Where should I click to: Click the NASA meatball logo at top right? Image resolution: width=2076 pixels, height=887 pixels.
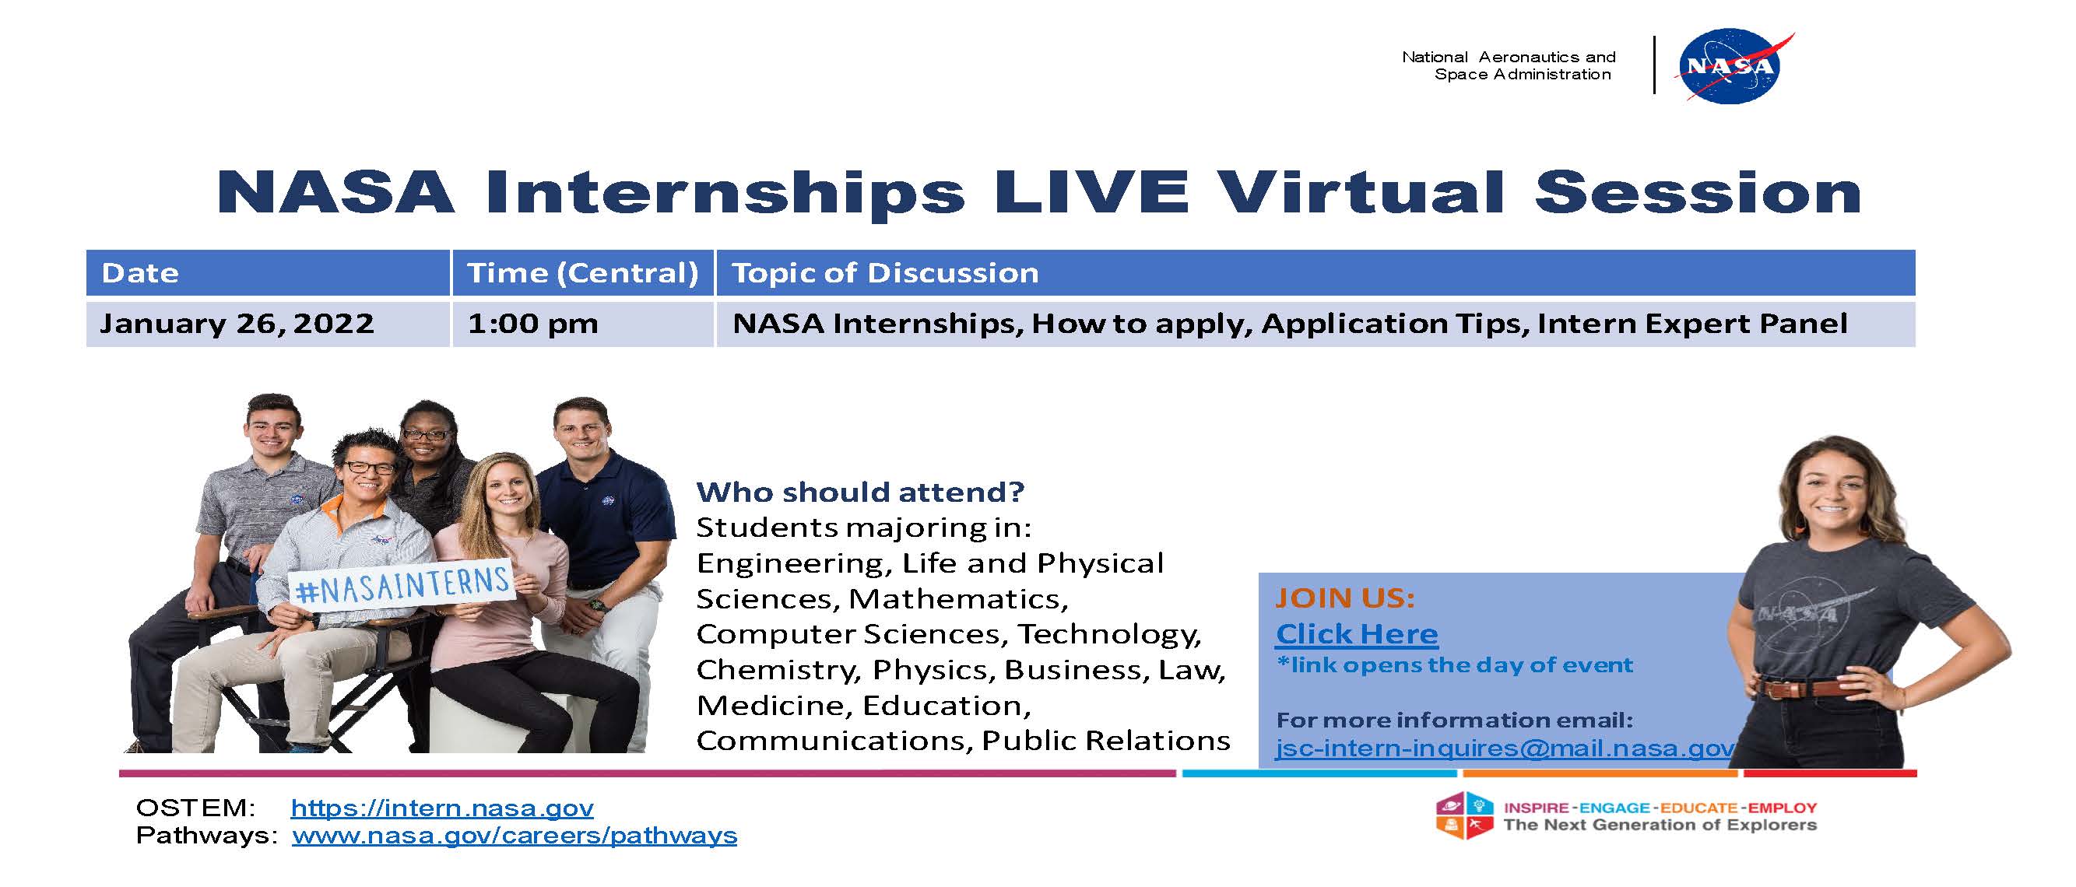[x=1733, y=67]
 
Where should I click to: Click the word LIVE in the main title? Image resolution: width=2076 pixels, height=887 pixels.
[x=1091, y=192]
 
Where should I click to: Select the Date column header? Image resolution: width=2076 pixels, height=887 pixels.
[x=140, y=273]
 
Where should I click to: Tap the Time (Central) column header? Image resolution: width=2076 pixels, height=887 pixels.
[x=583, y=273]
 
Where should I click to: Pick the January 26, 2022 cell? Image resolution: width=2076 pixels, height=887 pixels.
[x=237, y=324]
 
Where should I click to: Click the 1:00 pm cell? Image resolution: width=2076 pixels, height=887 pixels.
[x=532, y=324]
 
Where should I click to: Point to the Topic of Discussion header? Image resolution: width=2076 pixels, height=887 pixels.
[x=885, y=273]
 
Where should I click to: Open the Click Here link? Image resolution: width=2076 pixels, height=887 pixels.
[x=1356, y=634]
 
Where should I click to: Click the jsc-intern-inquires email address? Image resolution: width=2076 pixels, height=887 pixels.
[x=1505, y=749]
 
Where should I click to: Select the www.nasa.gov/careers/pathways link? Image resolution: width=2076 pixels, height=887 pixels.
[x=515, y=836]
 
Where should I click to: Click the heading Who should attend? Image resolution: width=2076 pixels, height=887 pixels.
[x=860, y=493]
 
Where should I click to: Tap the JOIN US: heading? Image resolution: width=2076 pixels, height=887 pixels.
[x=1344, y=598]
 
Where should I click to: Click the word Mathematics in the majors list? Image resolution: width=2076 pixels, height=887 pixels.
[x=957, y=599]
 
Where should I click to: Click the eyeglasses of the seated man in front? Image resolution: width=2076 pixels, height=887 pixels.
[x=370, y=468]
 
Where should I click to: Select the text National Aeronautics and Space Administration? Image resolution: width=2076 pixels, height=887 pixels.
[x=1509, y=65]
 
